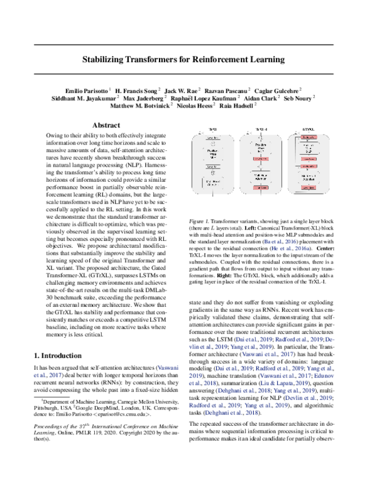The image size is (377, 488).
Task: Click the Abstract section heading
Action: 110,125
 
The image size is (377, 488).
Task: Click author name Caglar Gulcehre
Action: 278,91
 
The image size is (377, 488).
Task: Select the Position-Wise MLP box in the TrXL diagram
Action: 214,153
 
